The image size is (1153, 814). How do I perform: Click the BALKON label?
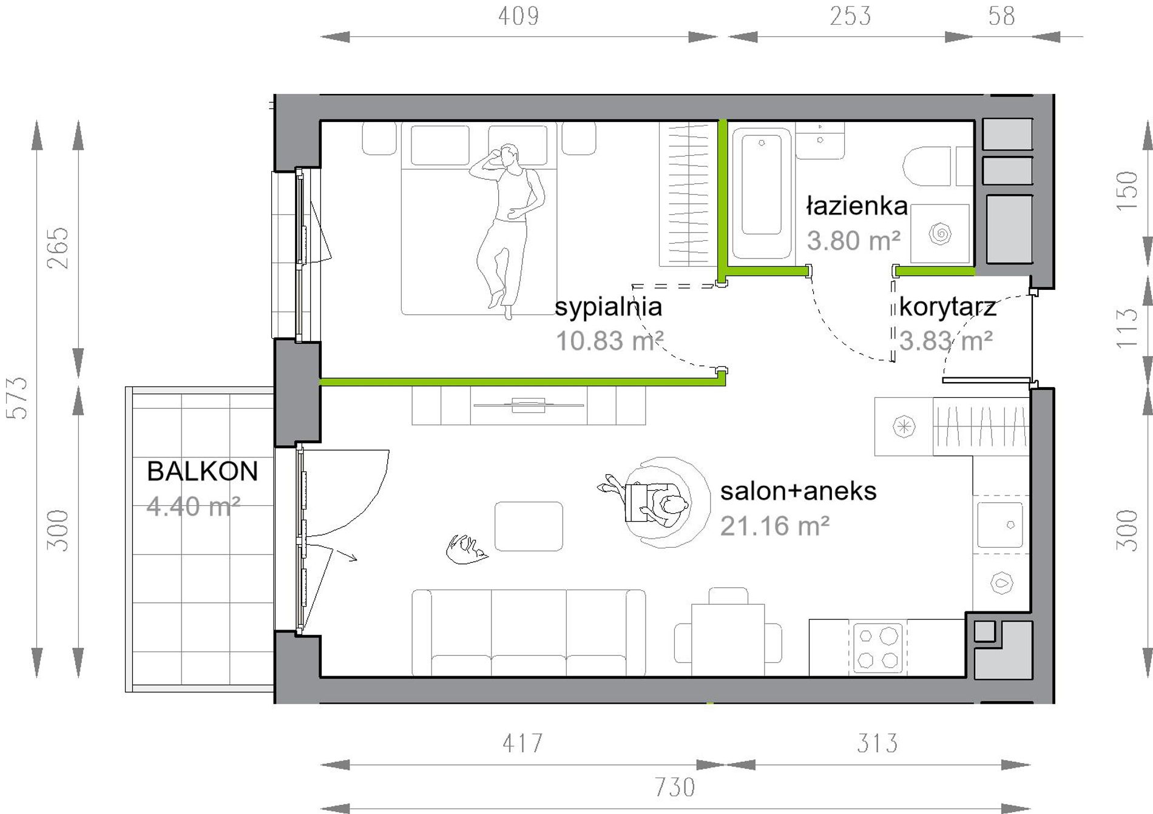203,471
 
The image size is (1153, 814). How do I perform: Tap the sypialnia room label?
608,307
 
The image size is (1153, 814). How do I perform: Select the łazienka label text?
857,206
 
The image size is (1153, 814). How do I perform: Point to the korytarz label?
947,307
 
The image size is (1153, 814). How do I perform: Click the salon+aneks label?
798,491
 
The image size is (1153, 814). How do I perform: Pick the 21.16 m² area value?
774,526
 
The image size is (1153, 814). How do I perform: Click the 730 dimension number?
675,787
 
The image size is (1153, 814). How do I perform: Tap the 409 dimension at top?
518,16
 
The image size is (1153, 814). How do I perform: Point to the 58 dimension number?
1001,16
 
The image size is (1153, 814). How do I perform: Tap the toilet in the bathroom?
927,166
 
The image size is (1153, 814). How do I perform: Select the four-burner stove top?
877,648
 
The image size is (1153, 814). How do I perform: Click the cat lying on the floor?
467,549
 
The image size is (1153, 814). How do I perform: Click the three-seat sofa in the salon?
529,633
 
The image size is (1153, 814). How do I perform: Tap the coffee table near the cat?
529,526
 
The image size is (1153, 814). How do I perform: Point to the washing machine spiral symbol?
940,234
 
